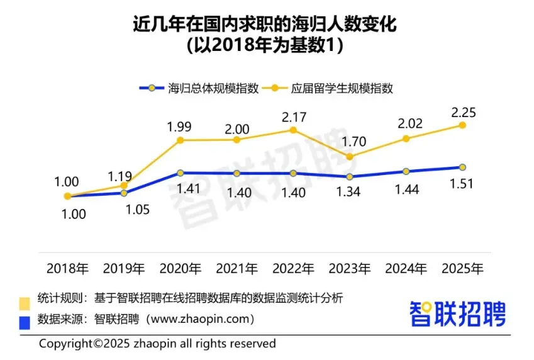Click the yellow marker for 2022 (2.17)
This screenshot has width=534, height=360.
[293, 130]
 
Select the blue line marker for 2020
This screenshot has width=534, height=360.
[180, 172]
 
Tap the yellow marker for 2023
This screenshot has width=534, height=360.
[349, 156]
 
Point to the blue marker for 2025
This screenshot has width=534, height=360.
[462, 167]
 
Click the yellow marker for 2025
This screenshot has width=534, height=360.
[462, 125]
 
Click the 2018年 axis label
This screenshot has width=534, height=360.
[68, 268]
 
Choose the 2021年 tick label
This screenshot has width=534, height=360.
[236, 268]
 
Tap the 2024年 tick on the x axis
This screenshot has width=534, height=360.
[406, 268]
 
